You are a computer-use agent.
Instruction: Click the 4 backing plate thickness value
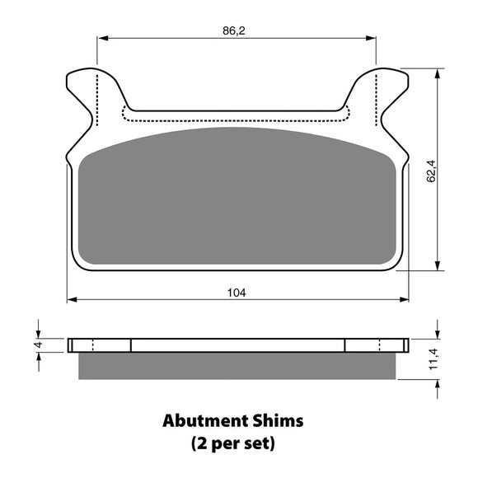(x=36, y=345)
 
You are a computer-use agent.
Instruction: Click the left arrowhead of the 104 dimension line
(x=70, y=299)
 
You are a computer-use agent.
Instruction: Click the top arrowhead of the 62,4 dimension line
(x=436, y=72)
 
